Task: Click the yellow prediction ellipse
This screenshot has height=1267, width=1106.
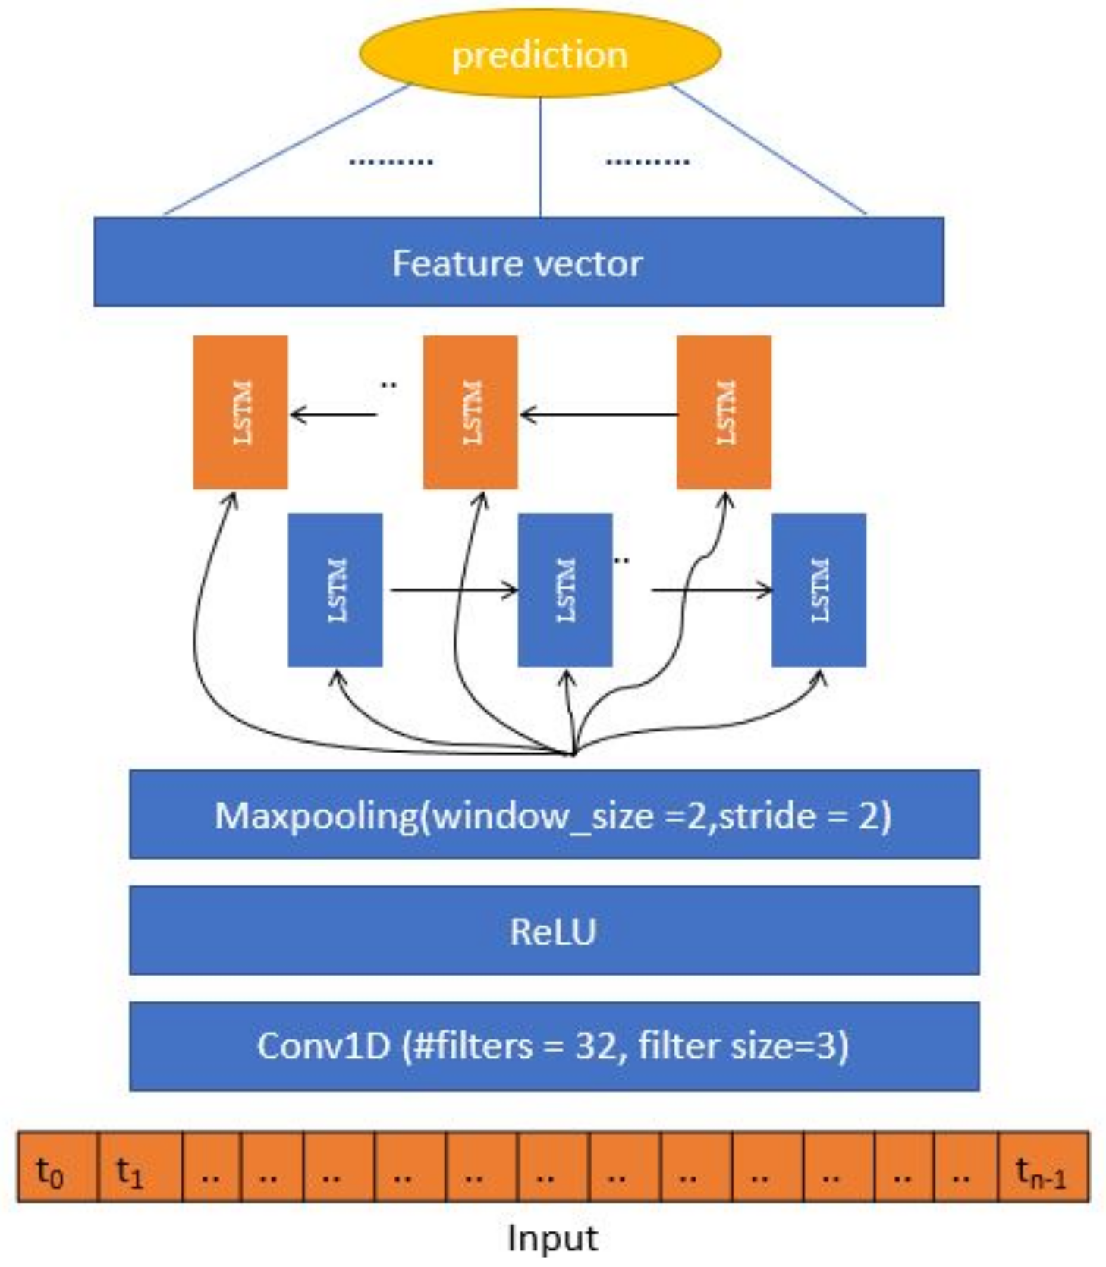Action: click(x=539, y=53)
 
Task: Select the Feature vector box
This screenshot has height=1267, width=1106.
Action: click(x=518, y=263)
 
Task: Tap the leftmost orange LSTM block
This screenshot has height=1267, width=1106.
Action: click(x=240, y=412)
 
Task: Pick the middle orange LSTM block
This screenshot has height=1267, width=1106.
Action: click(x=470, y=412)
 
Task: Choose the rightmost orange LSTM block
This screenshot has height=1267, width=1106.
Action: click(x=724, y=412)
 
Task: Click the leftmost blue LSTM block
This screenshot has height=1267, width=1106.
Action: click(x=335, y=589)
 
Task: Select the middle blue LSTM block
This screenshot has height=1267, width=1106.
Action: click(x=564, y=589)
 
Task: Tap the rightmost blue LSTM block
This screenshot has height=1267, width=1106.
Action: click(x=819, y=589)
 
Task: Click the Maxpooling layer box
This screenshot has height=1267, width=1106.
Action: click(x=554, y=814)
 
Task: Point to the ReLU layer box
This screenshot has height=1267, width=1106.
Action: click(x=554, y=930)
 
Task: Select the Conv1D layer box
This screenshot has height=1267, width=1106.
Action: click(x=554, y=1045)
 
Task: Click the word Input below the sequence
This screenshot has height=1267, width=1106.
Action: click(x=552, y=1237)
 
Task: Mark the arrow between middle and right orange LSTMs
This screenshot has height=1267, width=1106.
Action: click(x=599, y=415)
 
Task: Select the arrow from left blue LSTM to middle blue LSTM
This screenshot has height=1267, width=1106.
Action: click(x=453, y=589)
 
